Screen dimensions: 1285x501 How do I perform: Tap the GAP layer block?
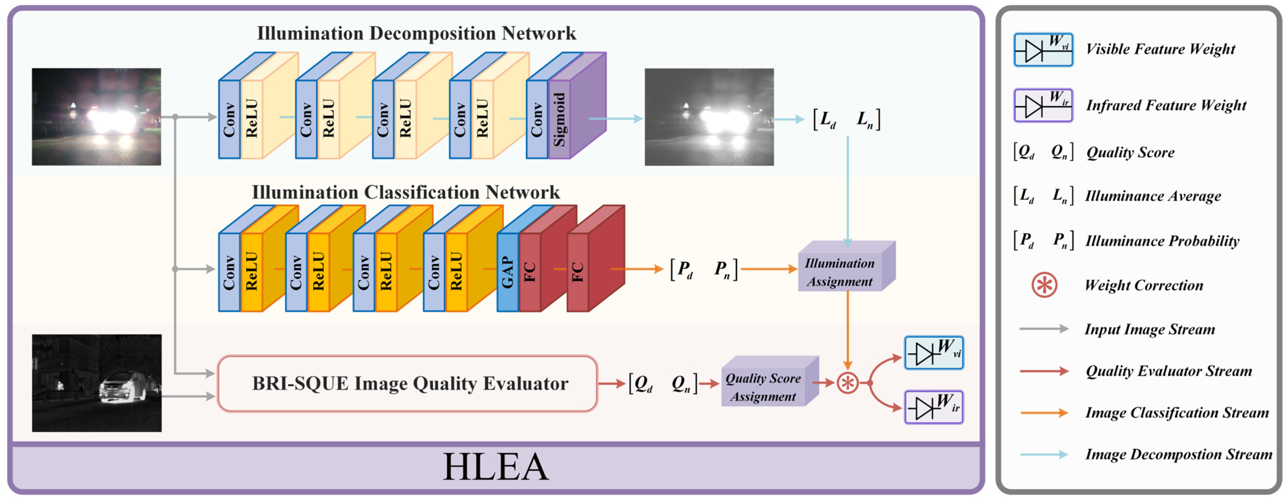(x=507, y=272)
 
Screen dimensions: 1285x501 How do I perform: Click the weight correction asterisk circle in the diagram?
(x=848, y=383)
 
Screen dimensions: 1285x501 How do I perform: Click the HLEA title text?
(x=496, y=467)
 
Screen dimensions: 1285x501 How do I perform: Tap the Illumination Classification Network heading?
(x=406, y=192)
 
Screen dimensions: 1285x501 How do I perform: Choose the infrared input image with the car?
(x=97, y=383)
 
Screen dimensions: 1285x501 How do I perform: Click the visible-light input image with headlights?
(x=96, y=117)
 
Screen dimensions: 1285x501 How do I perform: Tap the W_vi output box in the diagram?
(x=934, y=353)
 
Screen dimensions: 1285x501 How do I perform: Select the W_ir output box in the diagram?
(x=934, y=407)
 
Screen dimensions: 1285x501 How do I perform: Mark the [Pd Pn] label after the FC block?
(x=704, y=270)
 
